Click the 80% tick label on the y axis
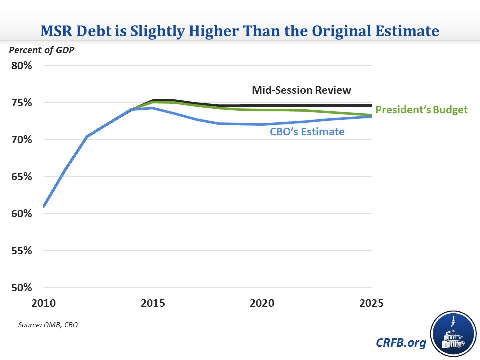[22, 66]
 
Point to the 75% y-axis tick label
[22, 103]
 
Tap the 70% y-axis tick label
[22, 140]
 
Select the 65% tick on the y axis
[22, 177]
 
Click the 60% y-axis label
[22, 214]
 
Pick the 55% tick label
[22, 251]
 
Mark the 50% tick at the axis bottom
[22, 288]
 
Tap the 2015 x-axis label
[153, 303]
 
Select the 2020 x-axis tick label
[262, 303]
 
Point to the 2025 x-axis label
[371, 303]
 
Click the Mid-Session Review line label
[301, 90]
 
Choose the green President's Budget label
[421, 110]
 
